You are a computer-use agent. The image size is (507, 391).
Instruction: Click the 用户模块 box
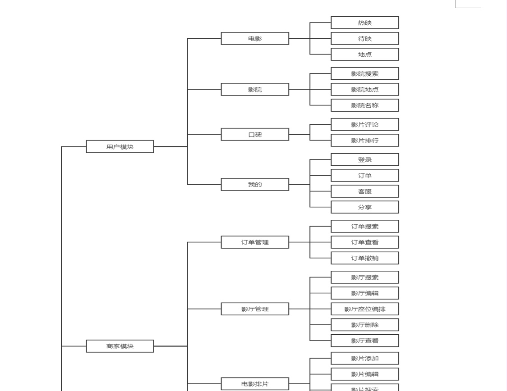tap(120, 146)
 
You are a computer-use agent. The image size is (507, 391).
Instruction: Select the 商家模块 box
tap(120, 346)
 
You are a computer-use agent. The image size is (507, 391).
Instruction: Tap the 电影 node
tap(254, 38)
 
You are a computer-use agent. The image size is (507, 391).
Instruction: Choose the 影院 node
tap(254, 89)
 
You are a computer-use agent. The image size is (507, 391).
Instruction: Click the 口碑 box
tap(254, 134)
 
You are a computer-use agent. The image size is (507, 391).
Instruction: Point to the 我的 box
tap(254, 184)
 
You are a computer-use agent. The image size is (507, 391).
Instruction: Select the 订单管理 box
tap(254, 242)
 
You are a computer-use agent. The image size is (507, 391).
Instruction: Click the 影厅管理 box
tap(254, 309)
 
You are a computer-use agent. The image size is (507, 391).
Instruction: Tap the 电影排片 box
tap(254, 384)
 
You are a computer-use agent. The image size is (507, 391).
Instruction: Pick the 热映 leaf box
tap(364, 23)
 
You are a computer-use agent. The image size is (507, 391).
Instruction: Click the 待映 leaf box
tap(364, 38)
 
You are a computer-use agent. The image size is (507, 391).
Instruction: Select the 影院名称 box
tap(364, 105)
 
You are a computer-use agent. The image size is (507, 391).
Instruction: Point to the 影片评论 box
tap(364, 124)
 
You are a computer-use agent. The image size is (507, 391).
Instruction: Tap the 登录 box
tap(364, 159)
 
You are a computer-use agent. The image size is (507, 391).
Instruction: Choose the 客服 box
tap(364, 191)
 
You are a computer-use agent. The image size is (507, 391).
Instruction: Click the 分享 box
tap(364, 207)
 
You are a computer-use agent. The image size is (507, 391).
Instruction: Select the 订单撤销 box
tap(364, 258)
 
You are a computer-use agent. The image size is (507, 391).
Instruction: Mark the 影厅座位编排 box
tap(364, 309)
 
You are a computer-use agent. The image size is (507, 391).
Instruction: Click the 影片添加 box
tap(364, 358)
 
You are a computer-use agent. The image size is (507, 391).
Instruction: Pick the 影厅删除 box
tap(364, 324)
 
